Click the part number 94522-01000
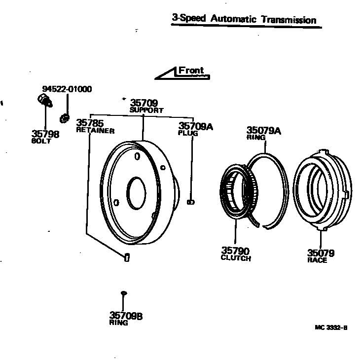point(67,89)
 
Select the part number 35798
point(45,134)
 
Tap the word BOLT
point(41,141)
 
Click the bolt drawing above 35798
point(44,101)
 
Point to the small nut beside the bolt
point(64,118)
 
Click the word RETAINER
point(95,131)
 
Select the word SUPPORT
point(146,110)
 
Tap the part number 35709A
point(195,126)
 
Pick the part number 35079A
point(263,131)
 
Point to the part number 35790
point(235,251)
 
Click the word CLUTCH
point(236,258)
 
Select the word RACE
point(317,260)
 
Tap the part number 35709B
point(126,316)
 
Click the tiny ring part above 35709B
point(124,293)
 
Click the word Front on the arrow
point(191,71)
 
